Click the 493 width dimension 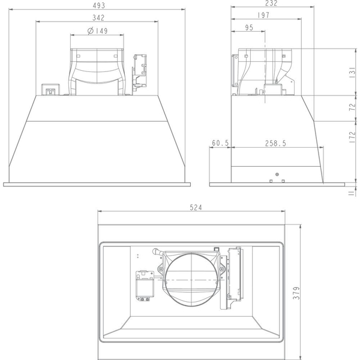click(x=99, y=5)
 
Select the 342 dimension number click(x=98, y=17)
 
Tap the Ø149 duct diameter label click(x=98, y=31)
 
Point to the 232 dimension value click(x=271, y=3)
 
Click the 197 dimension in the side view click(x=263, y=15)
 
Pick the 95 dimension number click(x=249, y=28)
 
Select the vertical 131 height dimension click(x=353, y=73)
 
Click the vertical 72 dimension click(x=353, y=107)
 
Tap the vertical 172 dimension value click(x=353, y=137)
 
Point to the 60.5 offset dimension click(x=220, y=143)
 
